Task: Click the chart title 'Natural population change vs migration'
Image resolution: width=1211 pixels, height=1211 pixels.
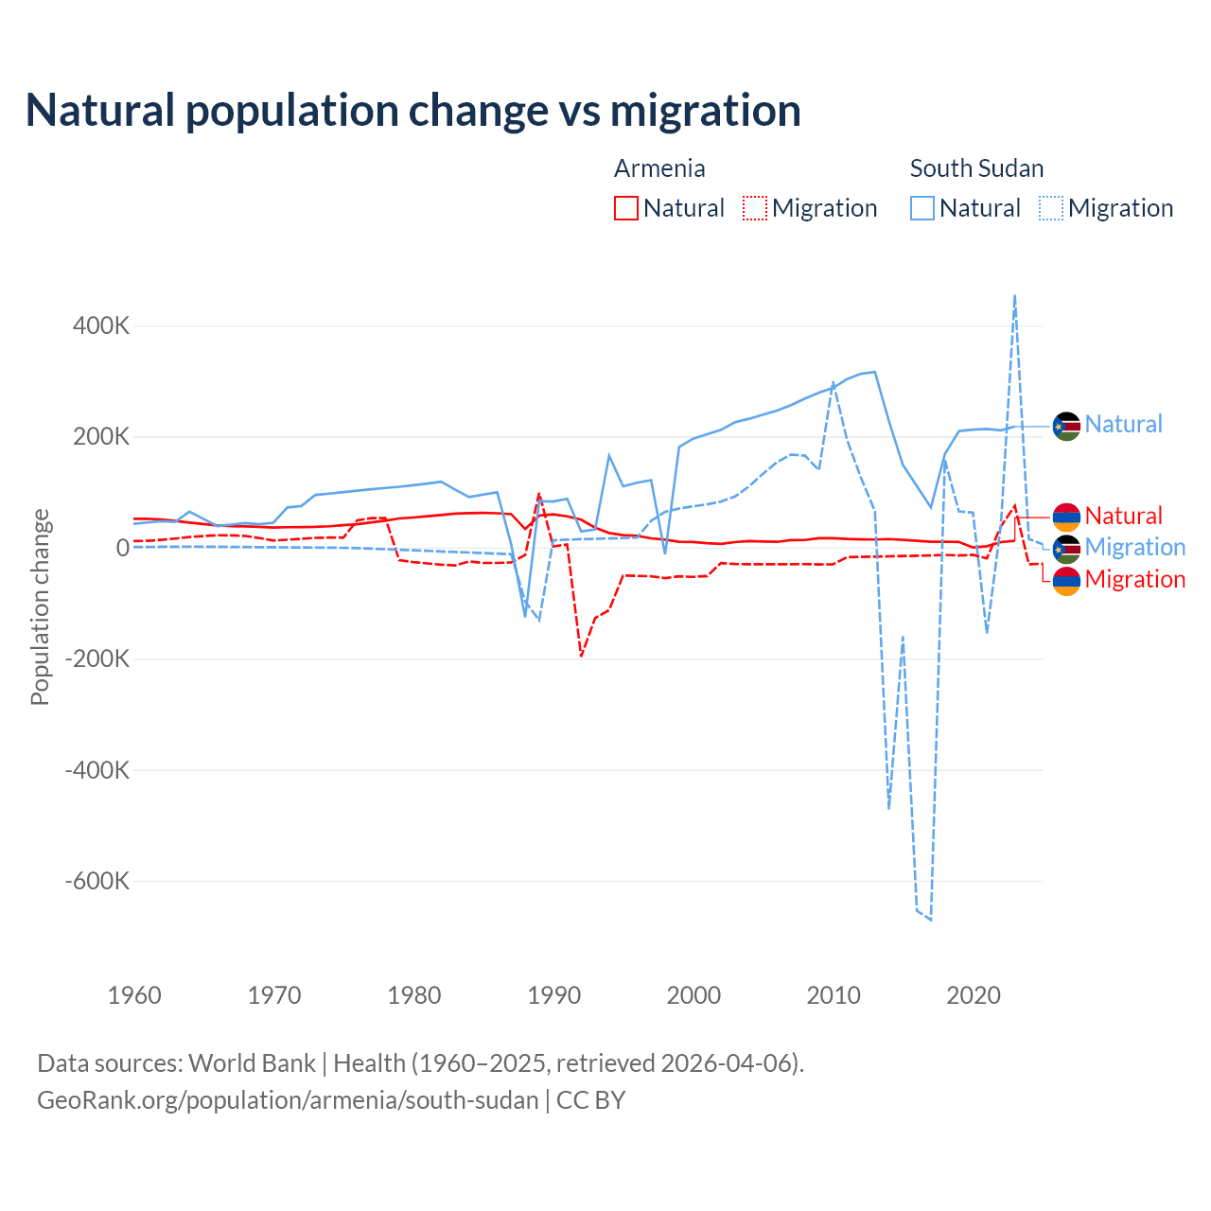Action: tap(412, 111)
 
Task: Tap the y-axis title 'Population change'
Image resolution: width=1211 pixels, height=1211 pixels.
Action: tap(40, 606)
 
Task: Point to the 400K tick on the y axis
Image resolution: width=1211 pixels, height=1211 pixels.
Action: tap(100, 326)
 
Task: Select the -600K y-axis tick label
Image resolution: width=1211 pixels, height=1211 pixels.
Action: tap(97, 882)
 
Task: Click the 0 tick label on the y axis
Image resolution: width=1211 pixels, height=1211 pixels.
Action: tap(122, 548)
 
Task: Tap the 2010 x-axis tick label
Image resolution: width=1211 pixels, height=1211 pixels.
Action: tap(834, 995)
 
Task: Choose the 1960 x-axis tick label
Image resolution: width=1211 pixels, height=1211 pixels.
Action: tap(134, 995)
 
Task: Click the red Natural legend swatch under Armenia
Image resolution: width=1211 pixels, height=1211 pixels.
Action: tap(626, 208)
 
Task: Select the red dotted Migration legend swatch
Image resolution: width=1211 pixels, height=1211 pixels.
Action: tap(755, 208)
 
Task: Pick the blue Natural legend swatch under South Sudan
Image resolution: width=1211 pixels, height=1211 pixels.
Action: tap(922, 208)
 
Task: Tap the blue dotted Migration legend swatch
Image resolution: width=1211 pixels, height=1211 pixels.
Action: tap(1051, 208)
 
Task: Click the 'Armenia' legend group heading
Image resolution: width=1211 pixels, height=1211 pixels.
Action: tap(659, 168)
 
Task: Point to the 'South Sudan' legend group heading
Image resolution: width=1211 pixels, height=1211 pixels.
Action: tap(976, 168)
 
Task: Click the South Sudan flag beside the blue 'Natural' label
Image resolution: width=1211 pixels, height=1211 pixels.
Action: tap(1066, 427)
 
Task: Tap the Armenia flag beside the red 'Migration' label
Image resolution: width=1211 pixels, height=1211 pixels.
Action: tap(1066, 581)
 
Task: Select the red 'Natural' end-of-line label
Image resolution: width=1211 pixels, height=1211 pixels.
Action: tap(1123, 516)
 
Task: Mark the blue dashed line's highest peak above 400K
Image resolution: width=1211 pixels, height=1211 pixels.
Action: tap(1015, 295)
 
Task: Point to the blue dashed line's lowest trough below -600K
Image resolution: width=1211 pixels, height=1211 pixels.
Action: tap(931, 920)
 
